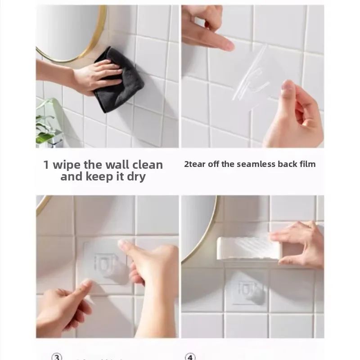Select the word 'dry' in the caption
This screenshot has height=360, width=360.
coord(136,176)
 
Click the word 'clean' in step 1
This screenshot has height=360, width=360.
coord(146,165)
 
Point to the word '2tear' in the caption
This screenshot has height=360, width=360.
coord(194,164)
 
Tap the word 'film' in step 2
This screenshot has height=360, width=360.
coord(307,164)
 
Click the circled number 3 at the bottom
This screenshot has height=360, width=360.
coord(57,357)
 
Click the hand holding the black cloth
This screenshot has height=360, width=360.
coord(90,74)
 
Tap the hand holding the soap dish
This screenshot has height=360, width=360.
coord(299,243)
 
